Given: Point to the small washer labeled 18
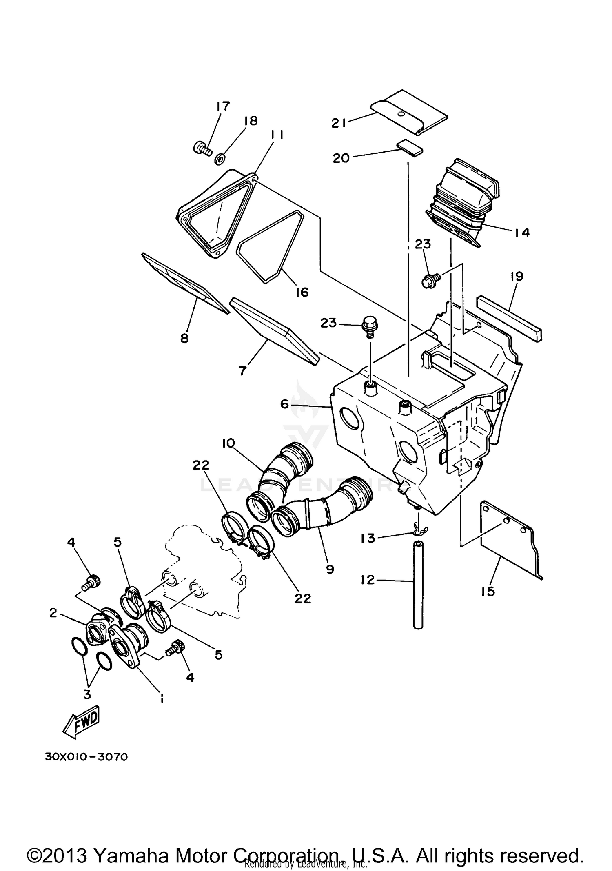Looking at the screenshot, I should point(219,159).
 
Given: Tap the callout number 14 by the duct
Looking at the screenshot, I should point(522,233).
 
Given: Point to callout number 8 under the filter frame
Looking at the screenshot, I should point(184,338).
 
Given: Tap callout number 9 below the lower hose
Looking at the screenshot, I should point(330,569).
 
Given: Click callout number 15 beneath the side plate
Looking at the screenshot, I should point(488,591).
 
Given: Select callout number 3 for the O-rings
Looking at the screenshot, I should point(87,683).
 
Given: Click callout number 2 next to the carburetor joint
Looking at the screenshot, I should point(53,613).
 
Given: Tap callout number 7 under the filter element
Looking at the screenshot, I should point(242,371).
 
